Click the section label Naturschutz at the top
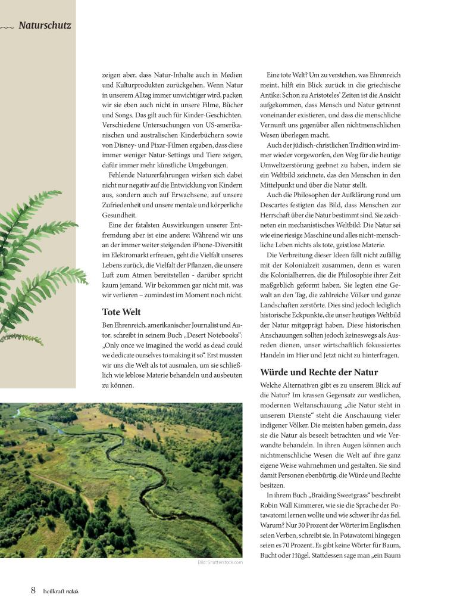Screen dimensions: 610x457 (45, 26)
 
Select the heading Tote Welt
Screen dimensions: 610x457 (121, 312)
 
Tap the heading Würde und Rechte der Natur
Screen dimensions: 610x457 (319, 372)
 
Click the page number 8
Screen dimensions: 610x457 (33, 590)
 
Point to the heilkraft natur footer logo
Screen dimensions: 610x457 (61, 591)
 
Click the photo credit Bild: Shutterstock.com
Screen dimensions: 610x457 (220, 562)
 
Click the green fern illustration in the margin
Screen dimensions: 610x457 (36, 262)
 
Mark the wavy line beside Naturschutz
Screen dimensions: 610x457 (7, 27)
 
